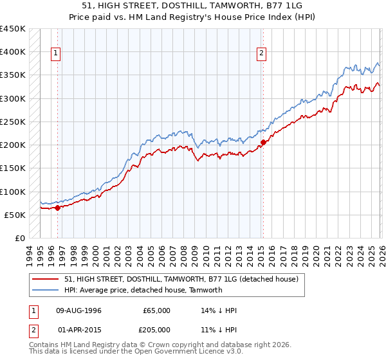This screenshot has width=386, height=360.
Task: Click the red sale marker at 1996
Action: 57,208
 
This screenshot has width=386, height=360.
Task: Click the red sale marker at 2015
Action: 263,143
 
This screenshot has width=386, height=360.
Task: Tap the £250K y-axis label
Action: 13,122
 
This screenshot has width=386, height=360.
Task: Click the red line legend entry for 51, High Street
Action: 181,280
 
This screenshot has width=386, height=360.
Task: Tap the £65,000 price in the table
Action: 156,310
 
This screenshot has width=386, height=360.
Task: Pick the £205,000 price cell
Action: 156,329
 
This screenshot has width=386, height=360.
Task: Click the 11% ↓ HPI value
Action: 219,329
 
